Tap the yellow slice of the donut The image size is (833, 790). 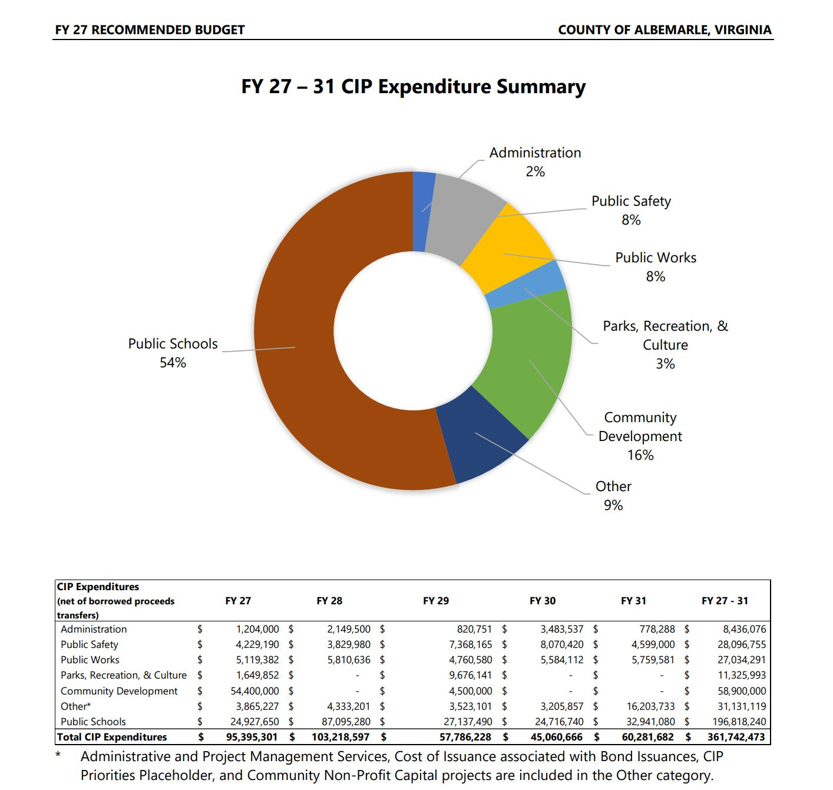tap(507, 248)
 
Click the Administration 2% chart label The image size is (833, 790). tap(535, 162)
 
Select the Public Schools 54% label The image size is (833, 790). tap(173, 353)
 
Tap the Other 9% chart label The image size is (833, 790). tap(613, 495)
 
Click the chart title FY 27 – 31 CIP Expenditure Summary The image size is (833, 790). tap(413, 87)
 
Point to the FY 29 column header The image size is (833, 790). tap(435, 601)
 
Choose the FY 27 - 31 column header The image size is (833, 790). tap(725, 601)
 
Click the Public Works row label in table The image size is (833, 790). tap(90, 660)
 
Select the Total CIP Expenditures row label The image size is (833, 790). tap(112, 737)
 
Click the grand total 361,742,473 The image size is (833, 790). tap(736, 737)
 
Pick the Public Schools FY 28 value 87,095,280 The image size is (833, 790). tap(349, 722)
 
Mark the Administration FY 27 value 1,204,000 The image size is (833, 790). tap(257, 629)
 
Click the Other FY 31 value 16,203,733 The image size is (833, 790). tap(650, 706)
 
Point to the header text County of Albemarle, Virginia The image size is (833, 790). tap(665, 29)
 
